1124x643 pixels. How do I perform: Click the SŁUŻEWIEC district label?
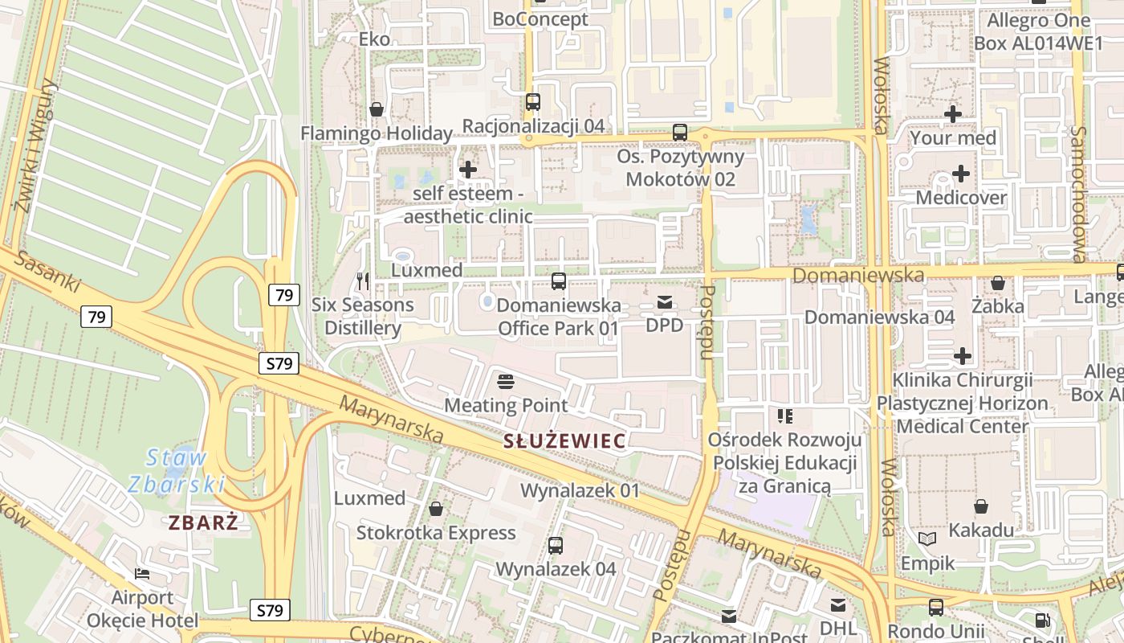tap(564, 440)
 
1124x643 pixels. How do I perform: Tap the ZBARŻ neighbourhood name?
tap(203, 522)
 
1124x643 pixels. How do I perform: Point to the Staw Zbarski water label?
tap(177, 471)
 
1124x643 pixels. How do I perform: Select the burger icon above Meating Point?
tap(505, 381)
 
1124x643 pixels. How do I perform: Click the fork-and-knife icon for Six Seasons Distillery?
tap(362, 281)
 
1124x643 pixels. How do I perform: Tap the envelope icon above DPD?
tap(665, 302)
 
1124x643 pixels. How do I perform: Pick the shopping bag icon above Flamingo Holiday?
tap(376, 109)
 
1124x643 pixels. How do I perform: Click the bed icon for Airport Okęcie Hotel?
tap(142, 574)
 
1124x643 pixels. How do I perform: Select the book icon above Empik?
tap(927, 539)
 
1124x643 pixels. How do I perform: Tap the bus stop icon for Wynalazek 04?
tap(555, 546)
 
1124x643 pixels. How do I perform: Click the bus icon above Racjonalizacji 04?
tap(532, 102)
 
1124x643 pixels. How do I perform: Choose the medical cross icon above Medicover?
tap(960, 174)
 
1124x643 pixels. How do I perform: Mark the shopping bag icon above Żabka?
tap(997, 283)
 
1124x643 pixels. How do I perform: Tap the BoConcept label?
tap(540, 18)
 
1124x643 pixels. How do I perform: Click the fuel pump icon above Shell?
tap(1042, 620)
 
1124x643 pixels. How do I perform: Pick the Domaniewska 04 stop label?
tap(879, 317)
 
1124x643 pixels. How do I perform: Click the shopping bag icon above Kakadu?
tap(980, 506)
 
